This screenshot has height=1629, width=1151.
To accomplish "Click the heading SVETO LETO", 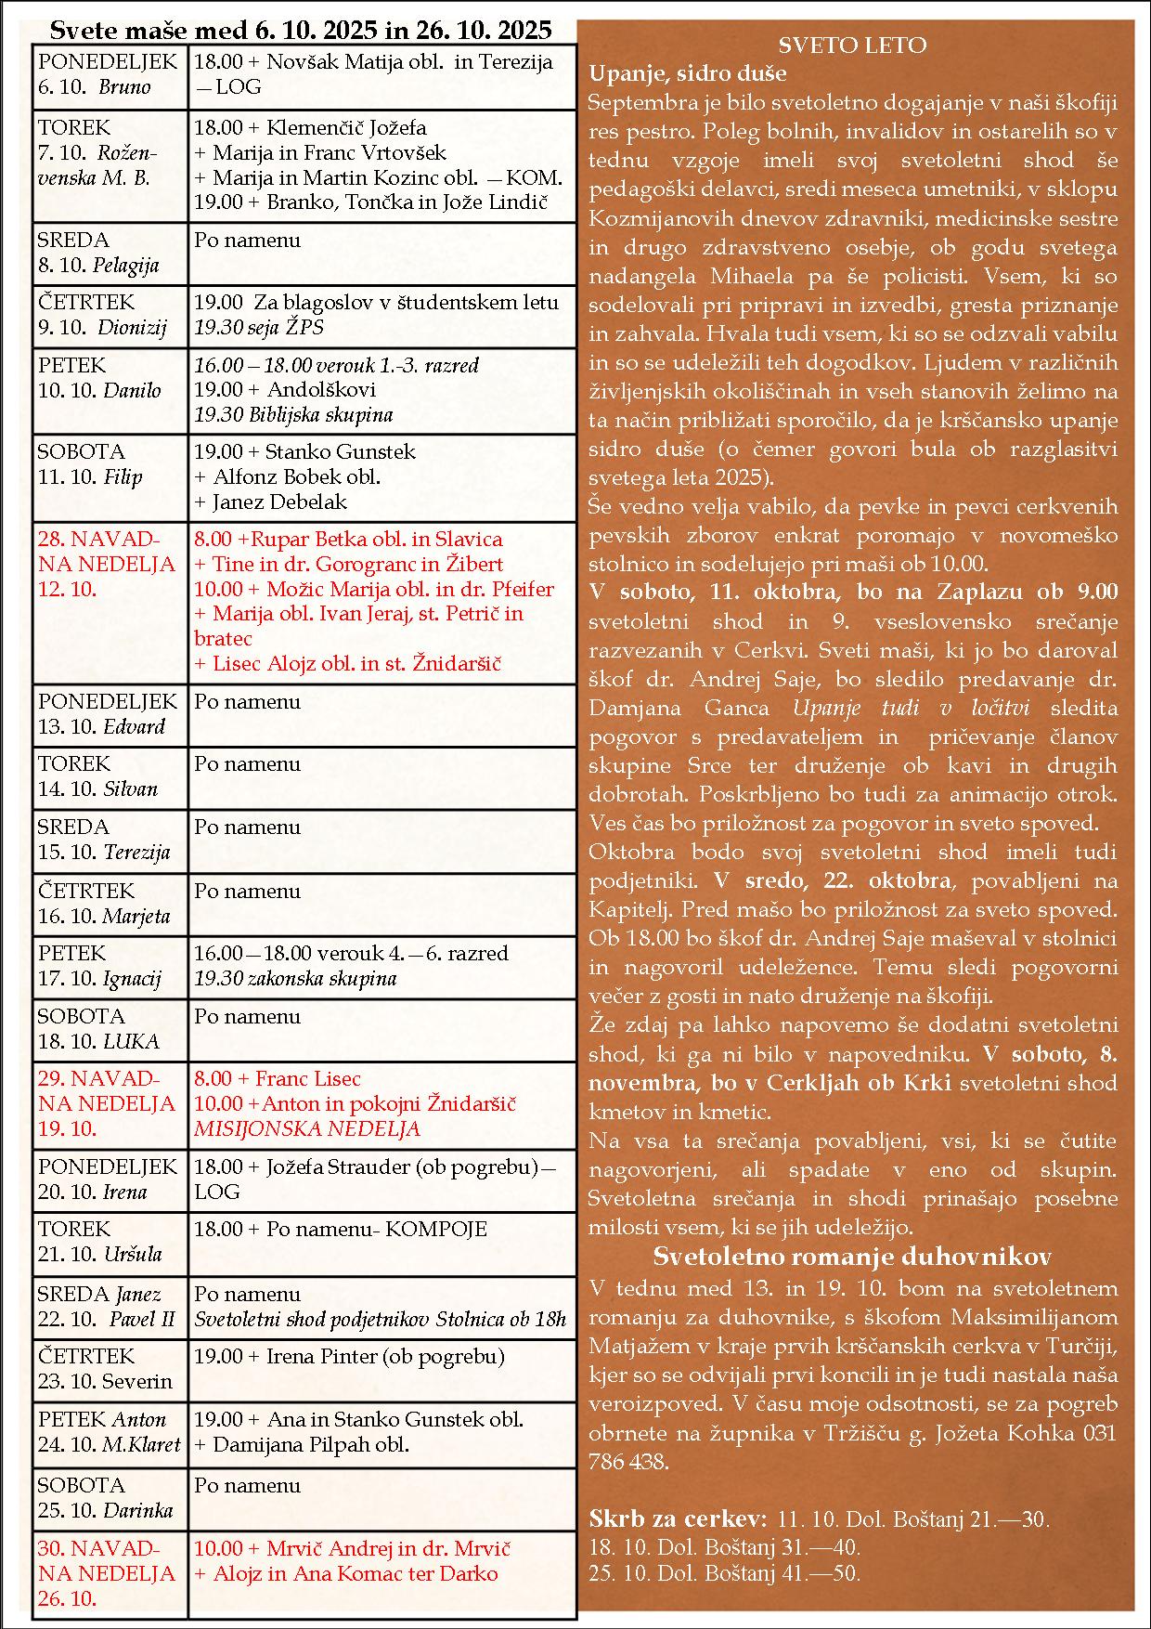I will coord(852,46).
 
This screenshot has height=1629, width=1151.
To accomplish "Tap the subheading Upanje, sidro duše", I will coord(688,73).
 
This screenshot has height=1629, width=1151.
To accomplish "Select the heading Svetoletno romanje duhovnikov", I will coord(852,1257).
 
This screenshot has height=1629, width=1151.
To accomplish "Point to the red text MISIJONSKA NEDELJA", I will coord(307,1129).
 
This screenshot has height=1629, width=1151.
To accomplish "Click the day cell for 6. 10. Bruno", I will coord(110,75).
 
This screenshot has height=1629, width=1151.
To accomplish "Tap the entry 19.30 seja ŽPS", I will coord(259,328).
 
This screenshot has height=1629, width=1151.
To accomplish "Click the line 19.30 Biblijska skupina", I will coord(293,415).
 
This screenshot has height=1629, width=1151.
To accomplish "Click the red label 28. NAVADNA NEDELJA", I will coord(106,552).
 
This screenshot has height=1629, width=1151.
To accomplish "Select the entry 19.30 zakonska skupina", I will coord(295,979).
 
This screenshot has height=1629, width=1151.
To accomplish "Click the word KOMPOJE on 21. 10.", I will coord(436,1230).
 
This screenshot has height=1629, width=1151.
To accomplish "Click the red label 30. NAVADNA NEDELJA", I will coord(106,1561).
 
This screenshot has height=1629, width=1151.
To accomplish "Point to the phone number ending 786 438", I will coord(628,1462).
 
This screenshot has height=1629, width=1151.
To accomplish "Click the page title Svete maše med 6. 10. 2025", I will coord(301,30).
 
